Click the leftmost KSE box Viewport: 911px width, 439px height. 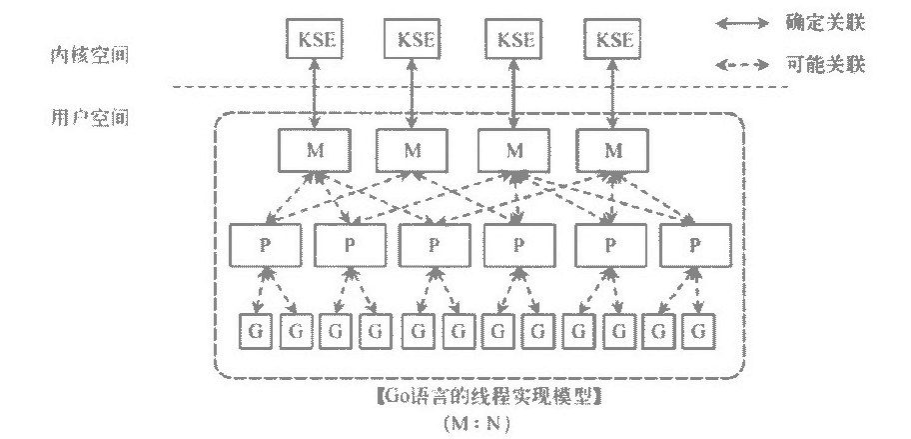click(316, 41)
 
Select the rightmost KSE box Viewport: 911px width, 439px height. click(613, 41)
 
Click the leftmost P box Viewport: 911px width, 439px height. click(265, 245)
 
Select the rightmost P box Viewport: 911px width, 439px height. click(694, 245)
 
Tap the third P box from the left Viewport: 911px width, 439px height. click(434, 245)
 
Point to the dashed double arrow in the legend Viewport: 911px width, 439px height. click(744, 67)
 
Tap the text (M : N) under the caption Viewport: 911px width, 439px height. click(477, 422)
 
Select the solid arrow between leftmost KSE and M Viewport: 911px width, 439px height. click(316, 95)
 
